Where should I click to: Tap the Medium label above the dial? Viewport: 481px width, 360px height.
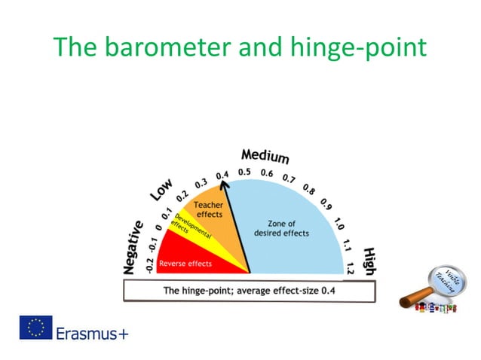[265, 157]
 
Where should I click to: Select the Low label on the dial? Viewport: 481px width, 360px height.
[161, 190]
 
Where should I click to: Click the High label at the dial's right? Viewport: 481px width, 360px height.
[370, 260]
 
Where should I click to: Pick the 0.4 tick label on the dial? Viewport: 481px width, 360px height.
[222, 175]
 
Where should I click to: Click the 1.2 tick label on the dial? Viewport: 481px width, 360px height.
[350, 265]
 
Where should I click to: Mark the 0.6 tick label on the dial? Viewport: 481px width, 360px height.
[267, 173]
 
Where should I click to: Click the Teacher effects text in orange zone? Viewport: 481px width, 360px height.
[208, 209]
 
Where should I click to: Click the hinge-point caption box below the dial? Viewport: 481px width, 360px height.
[249, 291]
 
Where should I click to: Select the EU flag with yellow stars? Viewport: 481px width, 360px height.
[35, 328]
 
